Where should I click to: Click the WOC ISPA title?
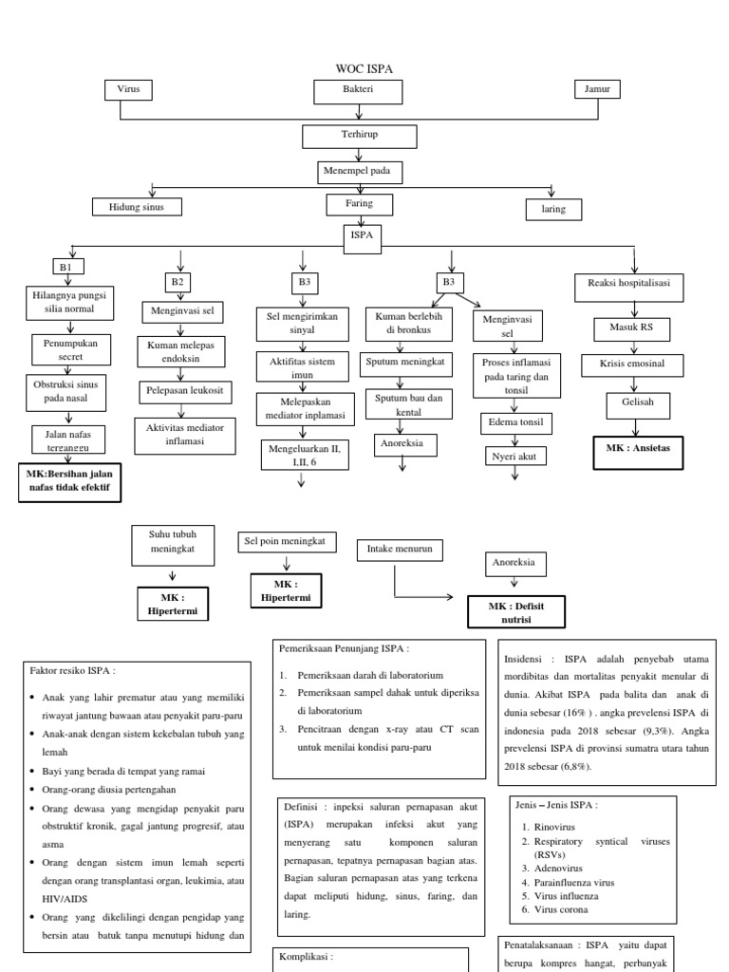(364, 68)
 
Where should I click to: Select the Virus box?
(127, 90)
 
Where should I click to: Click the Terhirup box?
(359, 136)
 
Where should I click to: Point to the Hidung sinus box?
(136, 206)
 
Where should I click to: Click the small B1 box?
(65, 269)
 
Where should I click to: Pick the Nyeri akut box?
(514, 456)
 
